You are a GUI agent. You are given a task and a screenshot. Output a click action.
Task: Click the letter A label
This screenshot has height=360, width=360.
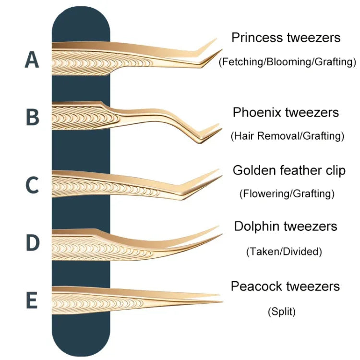[31, 60]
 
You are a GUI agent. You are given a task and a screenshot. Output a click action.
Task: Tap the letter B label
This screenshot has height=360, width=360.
[32, 117]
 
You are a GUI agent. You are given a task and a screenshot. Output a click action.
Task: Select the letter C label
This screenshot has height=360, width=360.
[32, 185]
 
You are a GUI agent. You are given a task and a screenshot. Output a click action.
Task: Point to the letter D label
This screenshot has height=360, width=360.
[32, 243]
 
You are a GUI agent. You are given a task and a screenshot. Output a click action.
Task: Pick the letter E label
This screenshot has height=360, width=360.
[32, 301]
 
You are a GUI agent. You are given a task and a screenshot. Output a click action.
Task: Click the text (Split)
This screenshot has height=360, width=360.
[281, 312]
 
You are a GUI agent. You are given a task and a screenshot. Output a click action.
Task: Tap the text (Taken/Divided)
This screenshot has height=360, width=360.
[284, 251]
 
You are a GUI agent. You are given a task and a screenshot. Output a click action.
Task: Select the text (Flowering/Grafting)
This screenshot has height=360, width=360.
[287, 194]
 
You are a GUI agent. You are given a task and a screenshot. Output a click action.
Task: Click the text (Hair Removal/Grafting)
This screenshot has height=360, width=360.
[287, 136]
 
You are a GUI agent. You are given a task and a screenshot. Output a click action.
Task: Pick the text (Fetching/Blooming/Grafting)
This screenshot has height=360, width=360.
[288, 61]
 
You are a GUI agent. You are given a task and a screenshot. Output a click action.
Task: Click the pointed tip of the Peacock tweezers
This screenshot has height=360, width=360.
[221, 301]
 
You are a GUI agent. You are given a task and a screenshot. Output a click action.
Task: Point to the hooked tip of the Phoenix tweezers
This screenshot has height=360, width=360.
[219, 129]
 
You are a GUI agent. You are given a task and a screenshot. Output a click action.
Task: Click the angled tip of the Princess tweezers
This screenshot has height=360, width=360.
[220, 50]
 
